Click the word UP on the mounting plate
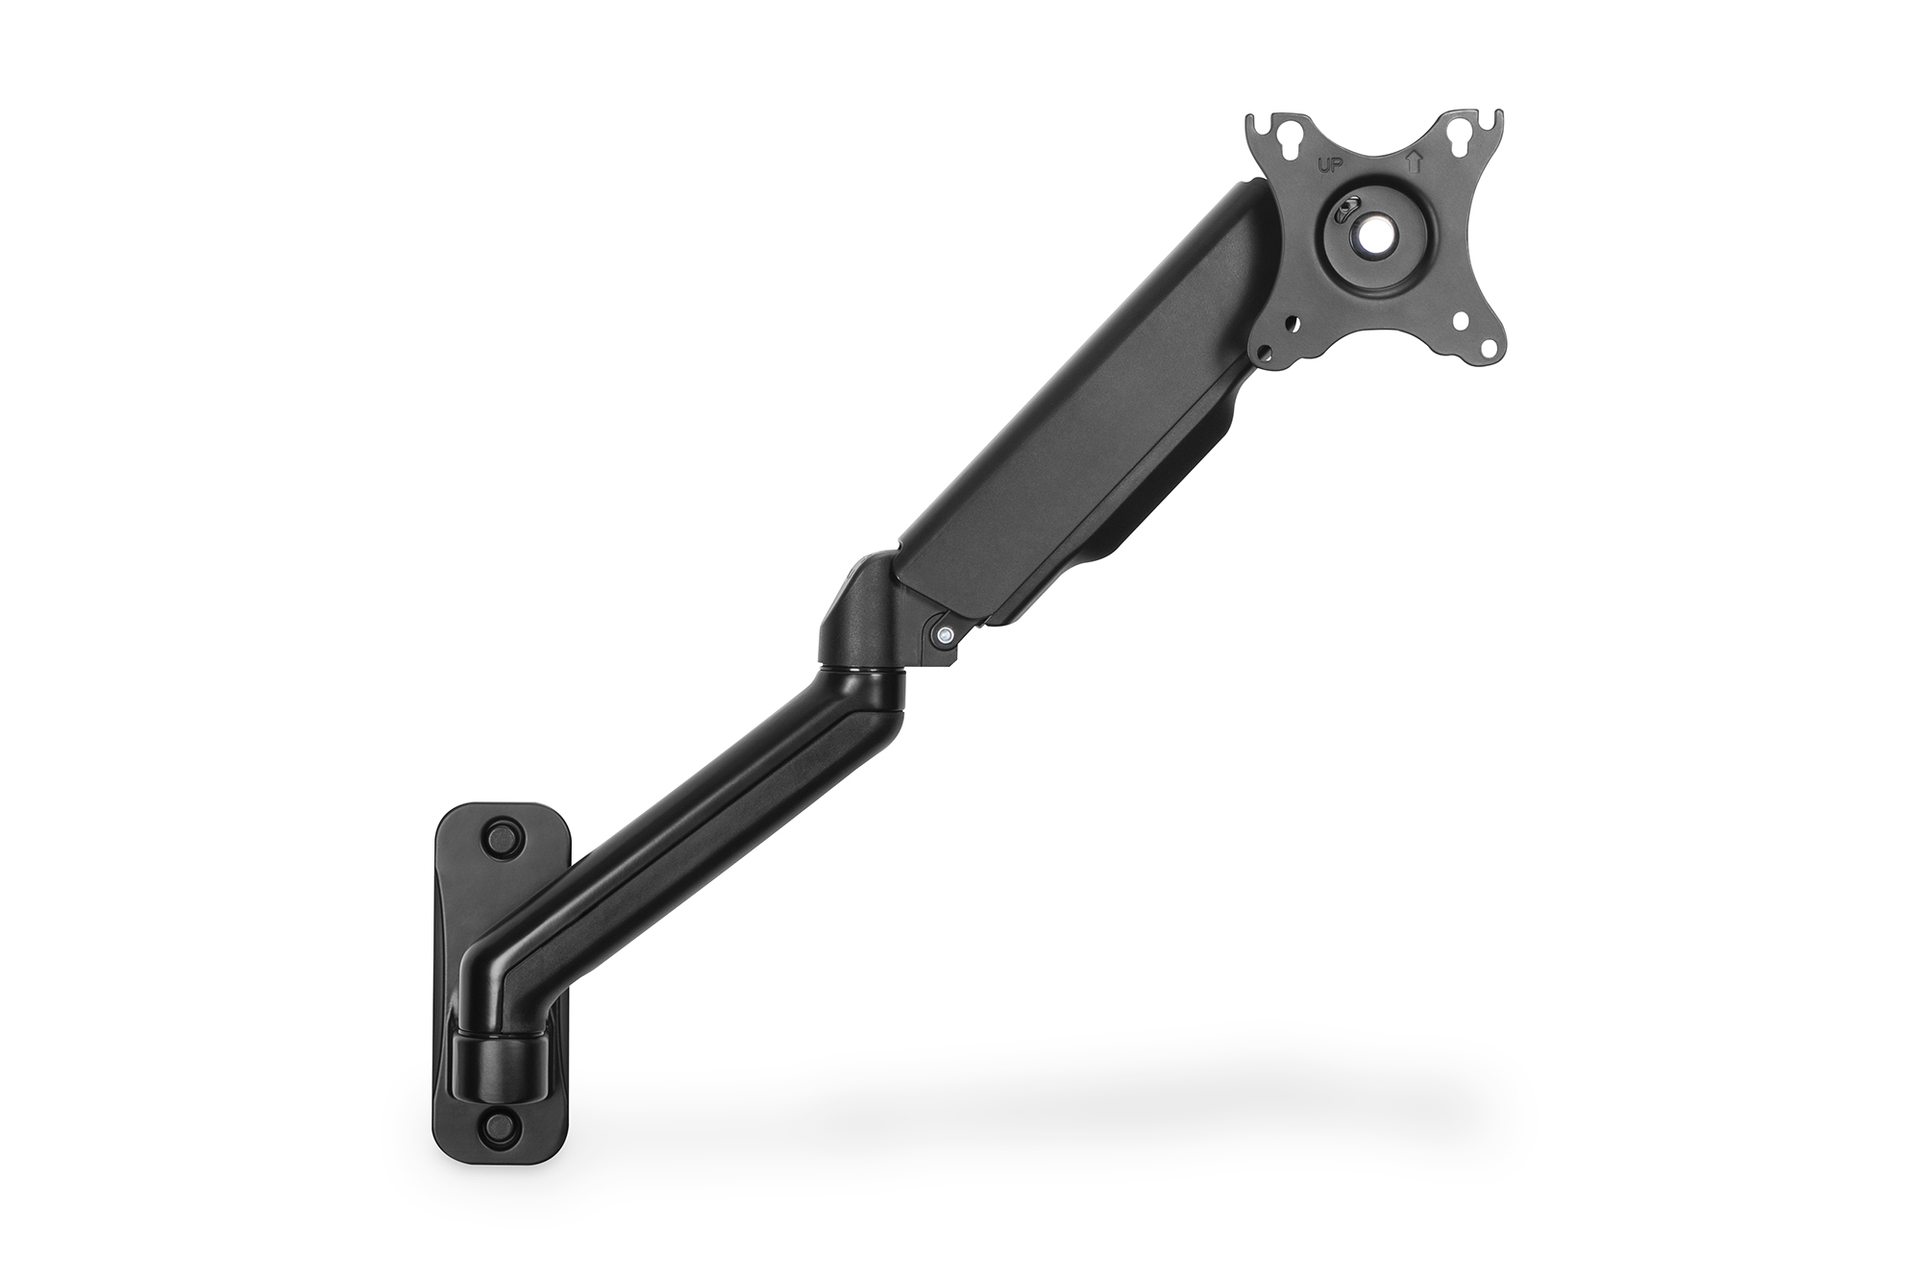click(x=1327, y=164)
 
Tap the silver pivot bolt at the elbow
click(x=946, y=634)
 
